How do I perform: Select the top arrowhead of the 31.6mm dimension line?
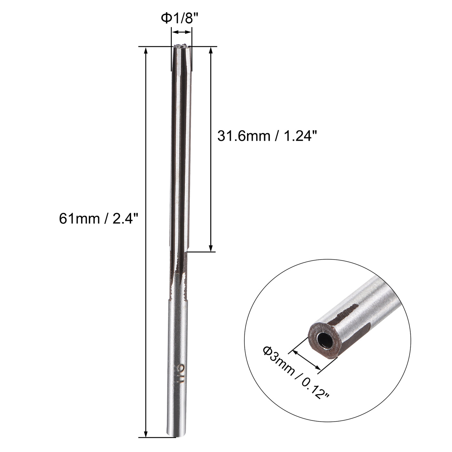tap(211, 50)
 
